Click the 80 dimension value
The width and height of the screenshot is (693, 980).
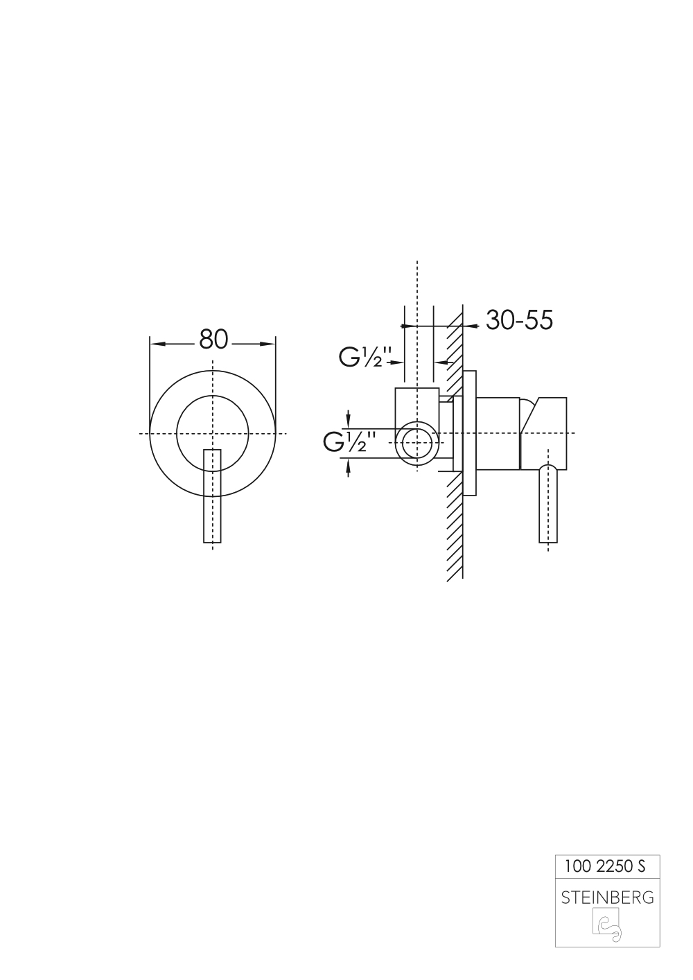coord(213,340)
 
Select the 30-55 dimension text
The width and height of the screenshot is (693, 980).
coord(520,320)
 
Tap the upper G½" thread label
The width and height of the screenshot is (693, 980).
coord(364,357)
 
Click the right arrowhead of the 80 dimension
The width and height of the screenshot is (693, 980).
coord(267,344)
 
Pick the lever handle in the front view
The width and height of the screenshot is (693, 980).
coord(213,496)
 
